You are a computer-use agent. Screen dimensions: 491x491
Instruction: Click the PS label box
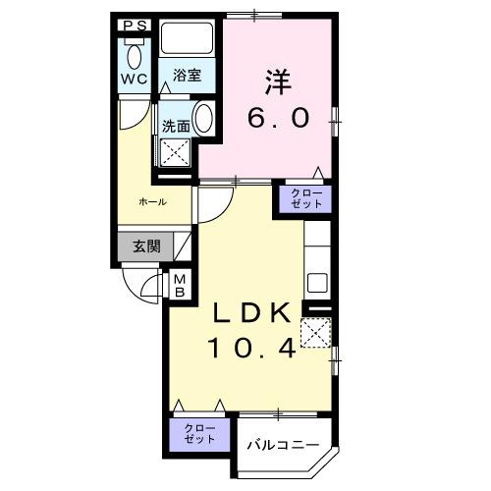pos(135,26)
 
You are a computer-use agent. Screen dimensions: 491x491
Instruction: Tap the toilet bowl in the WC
pos(135,57)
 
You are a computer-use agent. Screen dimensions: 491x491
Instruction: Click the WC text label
pos(135,79)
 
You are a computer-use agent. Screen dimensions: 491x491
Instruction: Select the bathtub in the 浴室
pos(187,38)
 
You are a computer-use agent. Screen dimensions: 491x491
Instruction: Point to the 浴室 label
pos(187,76)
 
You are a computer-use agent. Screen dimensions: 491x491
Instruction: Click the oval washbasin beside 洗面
pos(203,118)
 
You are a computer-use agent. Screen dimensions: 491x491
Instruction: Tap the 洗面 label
pos(176,127)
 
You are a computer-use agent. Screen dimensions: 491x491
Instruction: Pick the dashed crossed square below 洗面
pos(176,152)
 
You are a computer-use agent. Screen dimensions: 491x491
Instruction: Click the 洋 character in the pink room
pos(278,82)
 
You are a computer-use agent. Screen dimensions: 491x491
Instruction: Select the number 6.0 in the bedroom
pos(278,118)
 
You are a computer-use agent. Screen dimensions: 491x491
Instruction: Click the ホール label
pos(153,202)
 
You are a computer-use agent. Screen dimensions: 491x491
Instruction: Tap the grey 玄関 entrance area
pos(145,246)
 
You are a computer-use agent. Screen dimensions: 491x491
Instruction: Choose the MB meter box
pos(180,286)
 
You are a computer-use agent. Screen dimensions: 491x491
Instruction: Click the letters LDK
pos(252,312)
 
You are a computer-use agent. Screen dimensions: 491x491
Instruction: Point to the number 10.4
pos(252,348)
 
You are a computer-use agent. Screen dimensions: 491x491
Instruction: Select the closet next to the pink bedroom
pos(306,198)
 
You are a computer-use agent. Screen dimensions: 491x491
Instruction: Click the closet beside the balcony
pos(199,434)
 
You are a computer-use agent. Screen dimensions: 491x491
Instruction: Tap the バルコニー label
pos(283,445)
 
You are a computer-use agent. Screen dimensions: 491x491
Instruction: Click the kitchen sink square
pos(317,283)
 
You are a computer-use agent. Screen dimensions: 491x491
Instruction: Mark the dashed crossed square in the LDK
pos(316,332)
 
